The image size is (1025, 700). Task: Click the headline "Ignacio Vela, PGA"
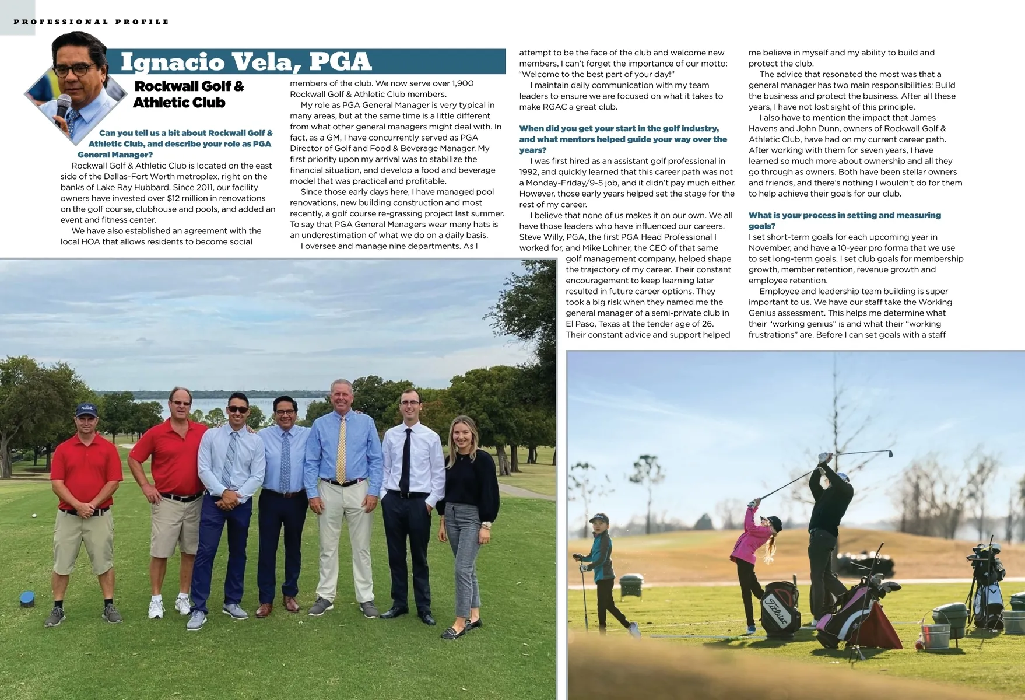coord(245,62)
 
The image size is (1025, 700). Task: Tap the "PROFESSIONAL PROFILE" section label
coord(91,22)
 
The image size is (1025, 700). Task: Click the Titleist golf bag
coord(779,609)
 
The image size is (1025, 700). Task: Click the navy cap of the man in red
coord(86,410)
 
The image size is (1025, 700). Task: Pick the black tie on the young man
coord(406,461)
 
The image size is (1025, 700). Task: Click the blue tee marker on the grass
coord(27,597)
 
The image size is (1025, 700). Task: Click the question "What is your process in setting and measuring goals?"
coord(844,220)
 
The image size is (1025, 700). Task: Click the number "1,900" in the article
coord(463,83)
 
